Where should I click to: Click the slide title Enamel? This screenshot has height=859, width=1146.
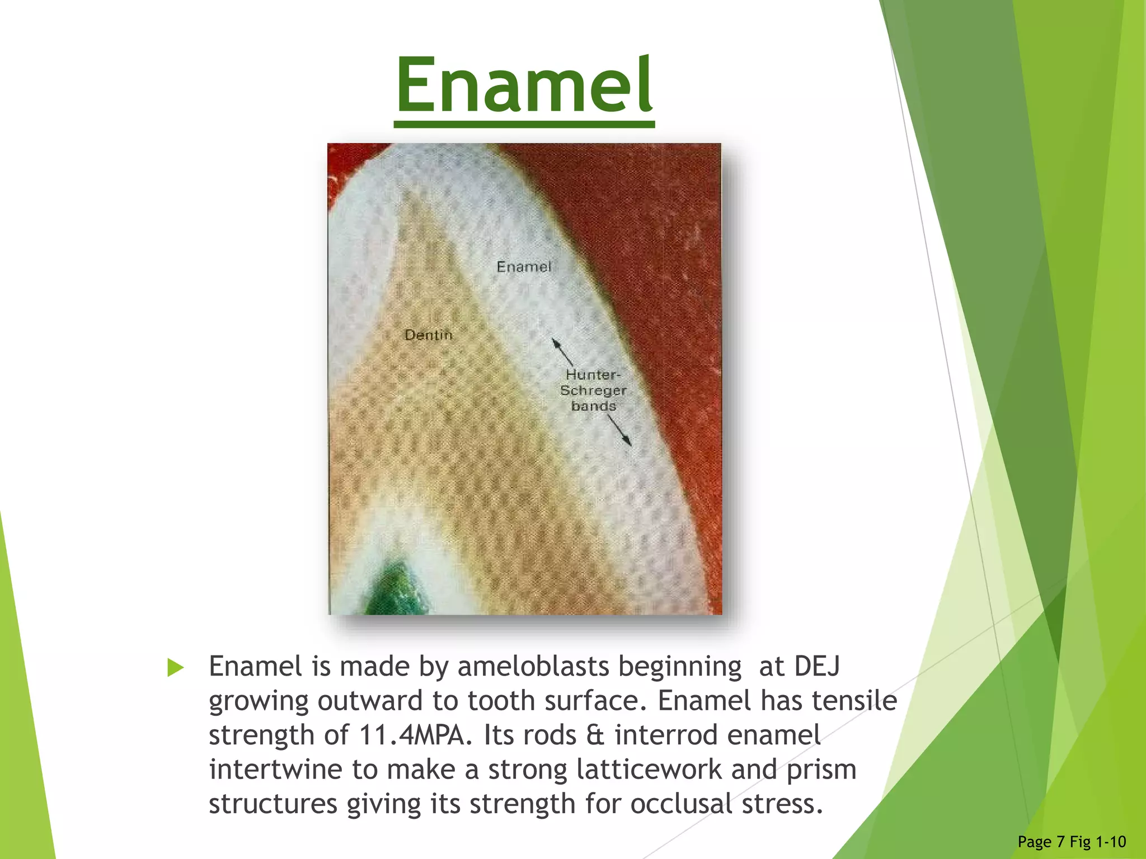click(524, 85)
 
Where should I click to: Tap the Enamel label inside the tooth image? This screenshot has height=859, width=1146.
click(524, 267)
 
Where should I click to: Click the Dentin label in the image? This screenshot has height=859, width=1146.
click(429, 335)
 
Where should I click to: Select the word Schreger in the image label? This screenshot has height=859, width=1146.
click(593, 390)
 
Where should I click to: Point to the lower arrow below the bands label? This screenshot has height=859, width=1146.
click(621, 431)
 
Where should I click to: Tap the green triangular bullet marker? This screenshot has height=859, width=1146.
click(175, 667)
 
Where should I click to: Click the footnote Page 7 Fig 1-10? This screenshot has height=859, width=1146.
click(1071, 842)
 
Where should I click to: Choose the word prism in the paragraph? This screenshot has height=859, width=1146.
click(821, 770)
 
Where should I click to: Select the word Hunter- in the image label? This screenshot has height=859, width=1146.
click(593, 374)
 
